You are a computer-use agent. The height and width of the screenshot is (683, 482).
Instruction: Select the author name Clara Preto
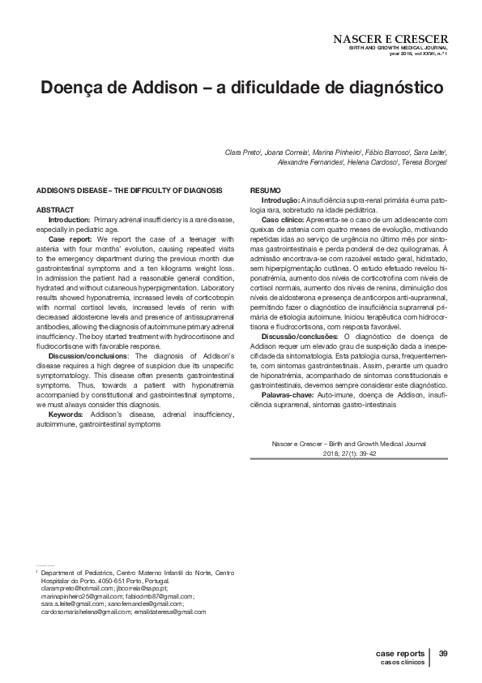[242, 152]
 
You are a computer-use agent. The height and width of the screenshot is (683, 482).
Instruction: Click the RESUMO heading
[261, 190]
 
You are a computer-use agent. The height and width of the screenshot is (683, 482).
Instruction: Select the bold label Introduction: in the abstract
[70, 220]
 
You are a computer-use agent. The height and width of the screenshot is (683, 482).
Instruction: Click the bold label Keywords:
[69, 415]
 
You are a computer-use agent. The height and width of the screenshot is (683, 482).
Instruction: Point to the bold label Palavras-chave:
[288, 394]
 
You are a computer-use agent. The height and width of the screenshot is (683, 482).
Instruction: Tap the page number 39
[443, 653]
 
